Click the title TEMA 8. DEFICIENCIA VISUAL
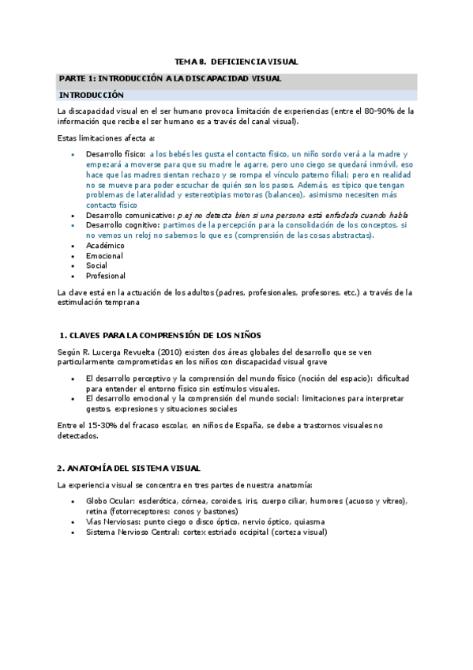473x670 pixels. coord(236,62)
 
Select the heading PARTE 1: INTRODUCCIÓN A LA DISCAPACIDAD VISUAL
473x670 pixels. coord(170,78)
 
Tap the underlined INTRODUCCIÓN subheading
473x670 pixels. coord(92,95)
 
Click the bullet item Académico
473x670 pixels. coord(105,246)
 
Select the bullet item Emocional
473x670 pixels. coord(104,256)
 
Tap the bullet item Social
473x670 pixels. coord(97,266)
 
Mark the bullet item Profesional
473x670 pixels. coord(106,277)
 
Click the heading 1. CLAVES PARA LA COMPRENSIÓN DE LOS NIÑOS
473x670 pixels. coord(160,335)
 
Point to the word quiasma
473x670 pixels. coord(307,522)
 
